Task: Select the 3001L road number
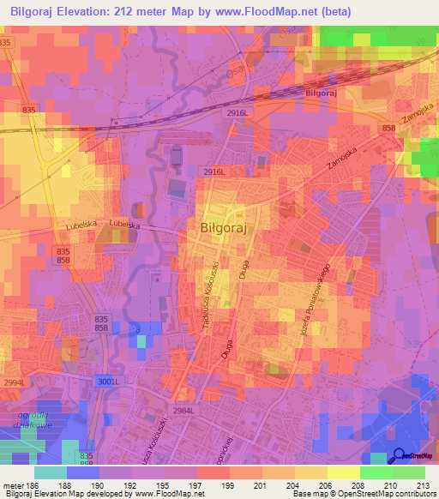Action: click(104, 382)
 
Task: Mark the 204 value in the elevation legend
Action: click(278, 484)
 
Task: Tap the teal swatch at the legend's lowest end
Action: click(51, 472)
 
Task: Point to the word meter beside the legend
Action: click(13, 484)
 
